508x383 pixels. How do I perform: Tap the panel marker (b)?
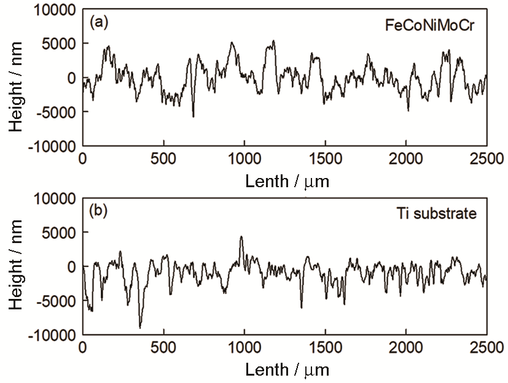[99, 211]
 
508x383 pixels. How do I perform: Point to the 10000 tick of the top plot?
[55, 10]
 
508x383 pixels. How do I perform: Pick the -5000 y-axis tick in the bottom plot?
[57, 301]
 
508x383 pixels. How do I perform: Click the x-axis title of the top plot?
[287, 182]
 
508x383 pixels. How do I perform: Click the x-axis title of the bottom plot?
[287, 370]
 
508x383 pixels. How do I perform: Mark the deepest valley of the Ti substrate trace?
[140, 328]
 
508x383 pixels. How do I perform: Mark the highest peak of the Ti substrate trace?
[241, 236]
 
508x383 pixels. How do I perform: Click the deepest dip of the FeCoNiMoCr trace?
[193, 116]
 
